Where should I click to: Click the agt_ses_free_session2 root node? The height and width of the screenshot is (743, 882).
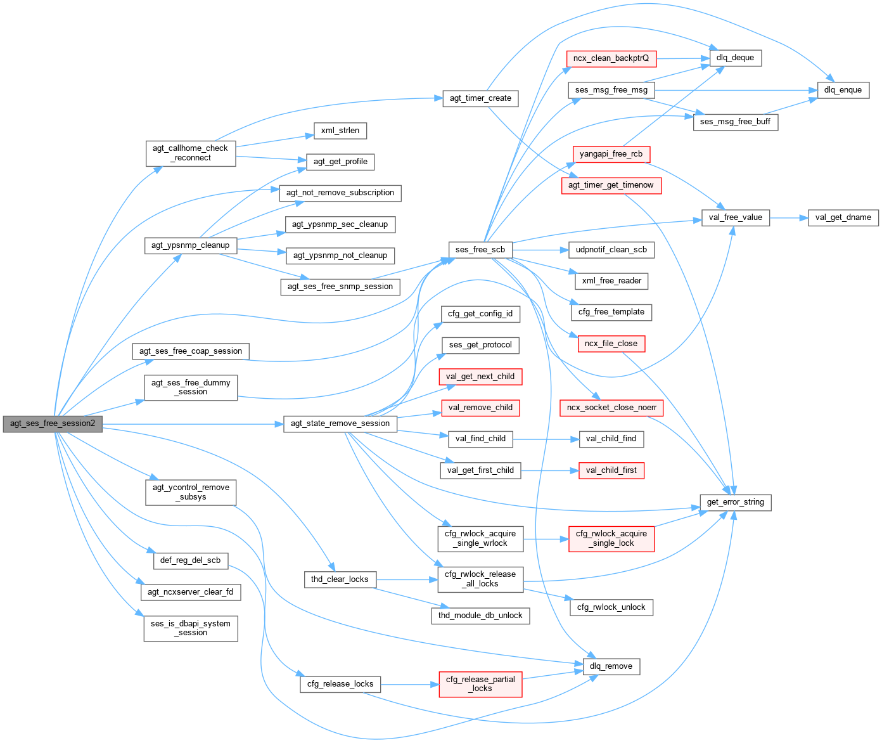point(53,423)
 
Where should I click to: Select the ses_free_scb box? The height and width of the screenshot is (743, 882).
point(480,250)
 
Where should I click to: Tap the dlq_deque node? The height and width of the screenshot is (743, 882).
point(735,58)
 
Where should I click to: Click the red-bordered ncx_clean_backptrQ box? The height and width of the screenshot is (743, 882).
point(611,58)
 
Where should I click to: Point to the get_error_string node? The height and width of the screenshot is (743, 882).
point(735,502)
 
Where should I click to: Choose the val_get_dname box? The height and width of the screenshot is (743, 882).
point(843,217)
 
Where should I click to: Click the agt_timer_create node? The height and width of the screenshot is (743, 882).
point(480,98)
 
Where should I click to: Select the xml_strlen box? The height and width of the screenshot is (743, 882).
point(340,131)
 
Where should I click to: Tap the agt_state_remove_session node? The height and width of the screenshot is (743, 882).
point(340,423)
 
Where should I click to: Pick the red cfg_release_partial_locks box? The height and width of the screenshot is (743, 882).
point(480,684)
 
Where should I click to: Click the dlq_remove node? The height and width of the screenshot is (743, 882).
point(611,666)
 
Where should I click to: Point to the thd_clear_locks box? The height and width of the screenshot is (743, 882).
point(340,579)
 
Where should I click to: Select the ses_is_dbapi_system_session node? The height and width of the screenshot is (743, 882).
point(191,628)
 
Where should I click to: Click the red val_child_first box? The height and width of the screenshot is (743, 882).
point(611,470)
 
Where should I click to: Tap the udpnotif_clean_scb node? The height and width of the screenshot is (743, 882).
point(611,250)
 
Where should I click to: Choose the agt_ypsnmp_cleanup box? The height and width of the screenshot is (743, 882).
point(191,245)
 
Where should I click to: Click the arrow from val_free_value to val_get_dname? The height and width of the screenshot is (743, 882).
point(788,217)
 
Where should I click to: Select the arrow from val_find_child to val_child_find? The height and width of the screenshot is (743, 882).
point(546,439)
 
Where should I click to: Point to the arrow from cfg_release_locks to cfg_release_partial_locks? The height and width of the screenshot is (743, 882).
point(409,685)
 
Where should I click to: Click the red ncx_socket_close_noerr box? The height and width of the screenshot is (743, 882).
point(611,408)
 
